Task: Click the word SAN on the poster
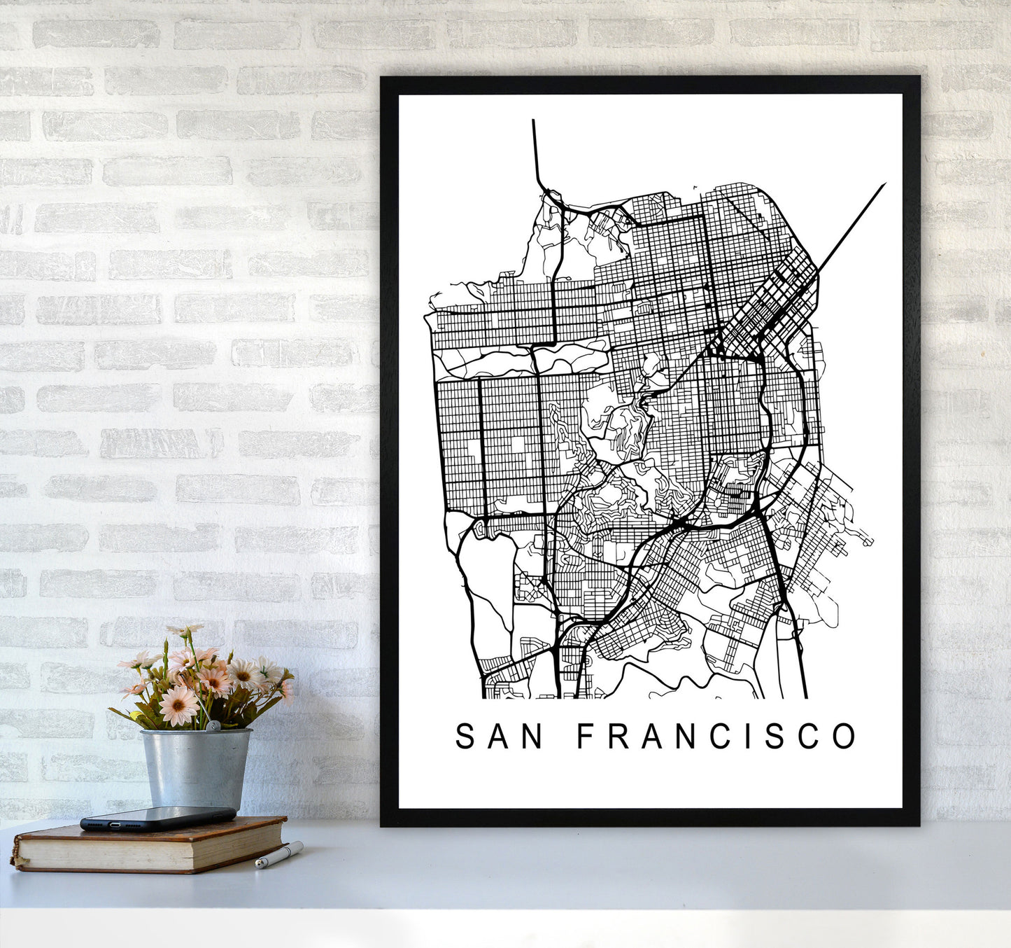pos(499,736)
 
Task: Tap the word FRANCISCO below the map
pos(716,736)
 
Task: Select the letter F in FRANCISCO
pos(584,736)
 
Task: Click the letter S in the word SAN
pos(465,736)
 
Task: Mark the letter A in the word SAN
pos(498,736)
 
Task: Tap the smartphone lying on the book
pos(157,818)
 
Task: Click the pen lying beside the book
pos(278,856)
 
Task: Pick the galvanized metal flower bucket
pos(196,767)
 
